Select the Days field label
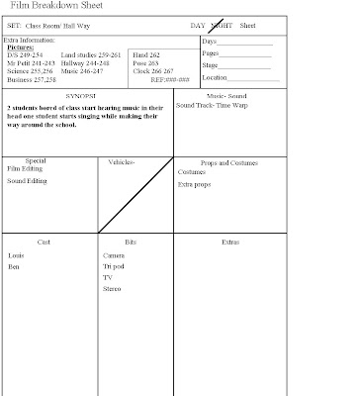[211, 42]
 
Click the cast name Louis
[16, 255]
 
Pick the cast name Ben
[14, 267]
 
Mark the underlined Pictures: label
[22, 46]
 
